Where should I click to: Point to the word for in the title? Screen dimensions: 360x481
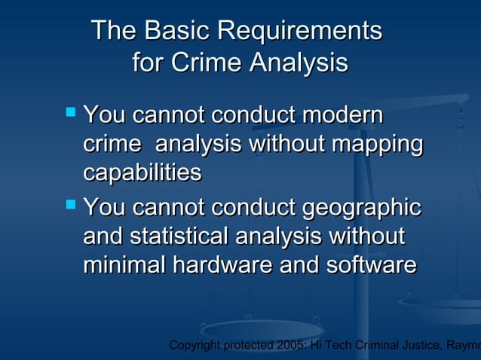[x=148, y=63]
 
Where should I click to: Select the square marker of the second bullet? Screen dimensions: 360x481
[x=71, y=203]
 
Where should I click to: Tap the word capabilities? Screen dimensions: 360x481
[x=142, y=173]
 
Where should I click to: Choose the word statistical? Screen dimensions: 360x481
[x=180, y=236]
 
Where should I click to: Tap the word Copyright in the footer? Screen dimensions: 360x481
[x=197, y=346]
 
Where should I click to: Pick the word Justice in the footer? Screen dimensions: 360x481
[x=427, y=346]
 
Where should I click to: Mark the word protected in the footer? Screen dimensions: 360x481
[x=251, y=346]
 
